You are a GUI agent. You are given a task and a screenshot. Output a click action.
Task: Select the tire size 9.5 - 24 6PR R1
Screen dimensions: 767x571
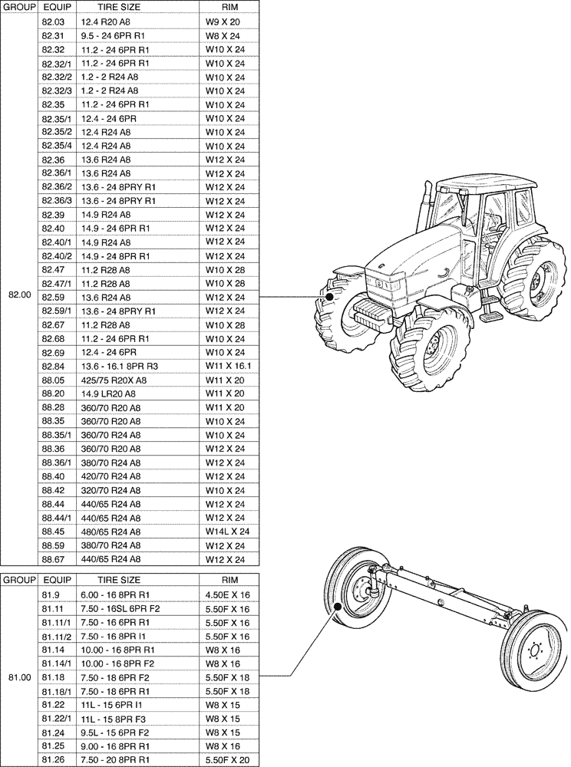[113, 35]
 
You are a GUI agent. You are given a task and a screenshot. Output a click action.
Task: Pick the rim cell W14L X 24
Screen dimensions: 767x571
[228, 532]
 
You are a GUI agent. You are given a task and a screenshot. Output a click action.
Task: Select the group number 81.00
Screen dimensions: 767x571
[18, 676]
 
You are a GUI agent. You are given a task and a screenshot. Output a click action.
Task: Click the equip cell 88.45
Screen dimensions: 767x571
[53, 532]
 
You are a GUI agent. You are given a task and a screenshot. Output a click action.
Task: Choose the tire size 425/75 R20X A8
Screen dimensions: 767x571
[114, 380]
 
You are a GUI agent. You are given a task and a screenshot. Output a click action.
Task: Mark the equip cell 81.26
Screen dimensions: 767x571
[52, 759]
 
